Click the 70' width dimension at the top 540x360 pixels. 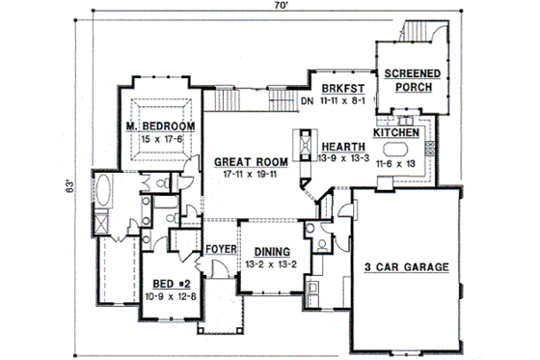277,8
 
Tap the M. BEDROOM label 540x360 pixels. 160,127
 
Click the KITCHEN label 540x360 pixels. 395,132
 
